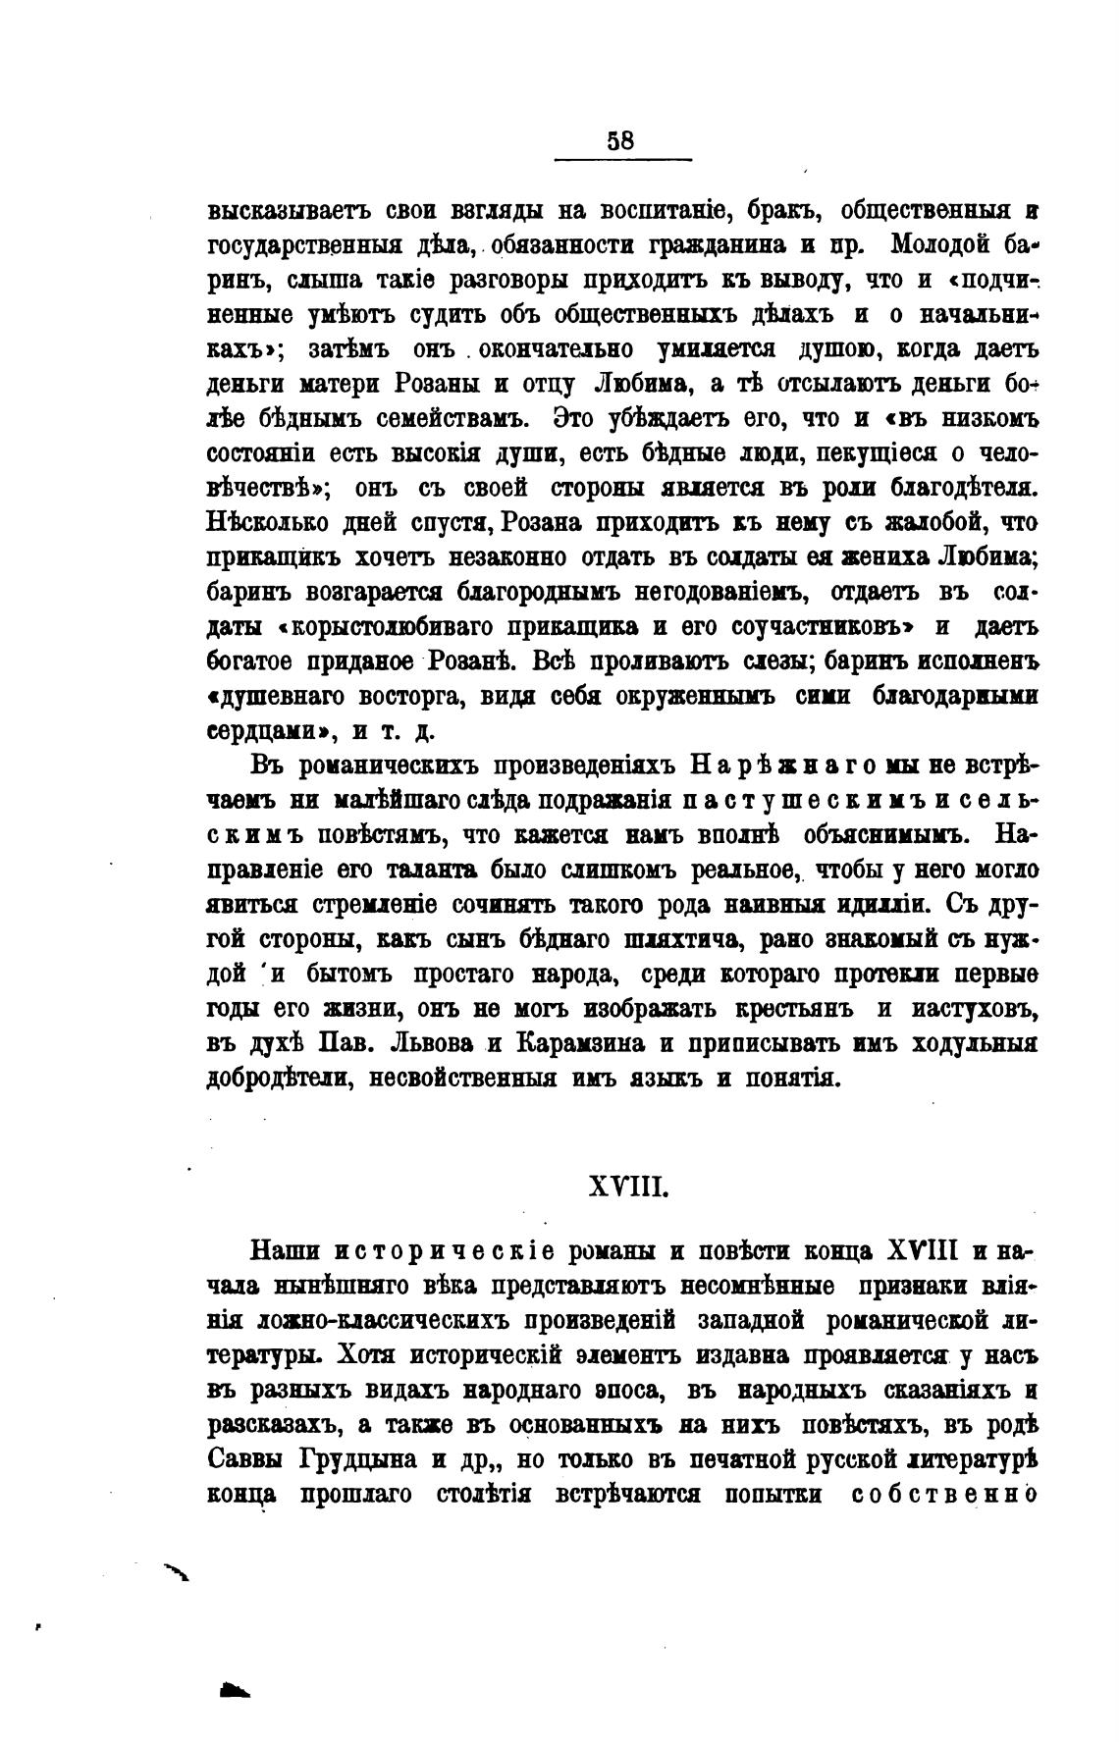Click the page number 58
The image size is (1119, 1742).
click(620, 140)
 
